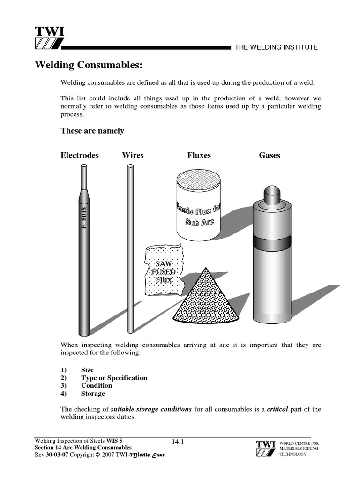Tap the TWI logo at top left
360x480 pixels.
(x=49, y=38)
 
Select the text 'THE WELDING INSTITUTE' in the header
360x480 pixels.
(x=276, y=47)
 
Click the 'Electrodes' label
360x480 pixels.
(x=80, y=155)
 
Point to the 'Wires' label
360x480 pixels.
(x=133, y=155)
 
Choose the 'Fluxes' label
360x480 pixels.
(x=199, y=155)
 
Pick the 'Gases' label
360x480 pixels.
(x=270, y=155)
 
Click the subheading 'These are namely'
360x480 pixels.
(x=92, y=131)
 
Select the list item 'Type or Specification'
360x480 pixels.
(x=114, y=378)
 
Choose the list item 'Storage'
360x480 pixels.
(x=93, y=394)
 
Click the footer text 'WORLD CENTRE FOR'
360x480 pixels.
(x=299, y=443)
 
